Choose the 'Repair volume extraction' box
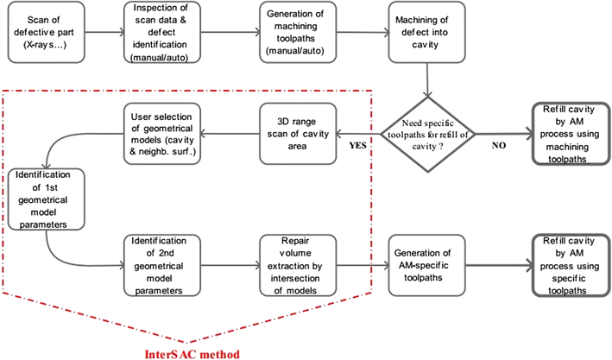296,264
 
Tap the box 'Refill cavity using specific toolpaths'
567,264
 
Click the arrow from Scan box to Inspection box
104,34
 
